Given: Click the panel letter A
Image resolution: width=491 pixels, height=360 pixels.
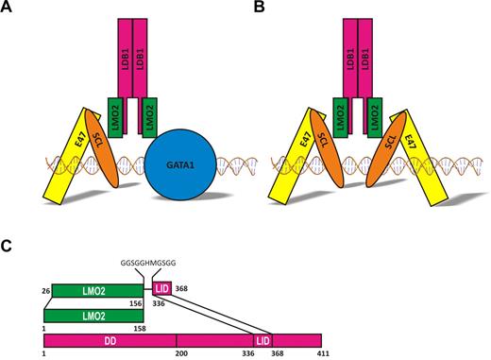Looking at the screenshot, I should coord(8,9).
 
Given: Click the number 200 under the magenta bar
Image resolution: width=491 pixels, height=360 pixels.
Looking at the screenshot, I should coord(178,353).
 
